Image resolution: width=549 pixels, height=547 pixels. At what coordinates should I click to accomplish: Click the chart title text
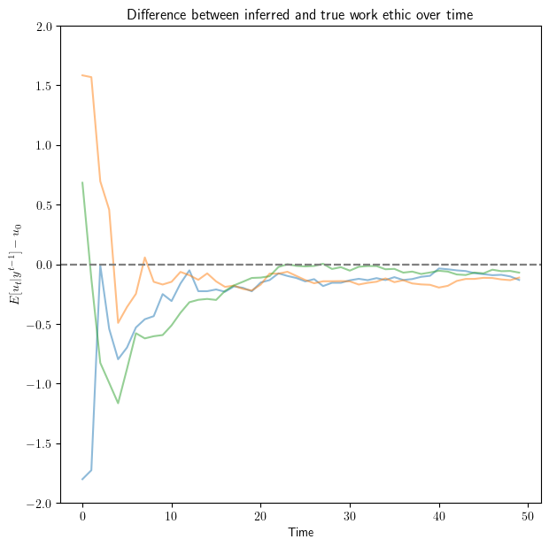pyautogui.click(x=299, y=14)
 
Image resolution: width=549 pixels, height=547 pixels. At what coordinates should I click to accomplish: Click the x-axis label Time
pyautogui.click(x=299, y=533)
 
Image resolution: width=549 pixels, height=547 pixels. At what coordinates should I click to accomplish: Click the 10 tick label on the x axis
pyautogui.click(x=172, y=516)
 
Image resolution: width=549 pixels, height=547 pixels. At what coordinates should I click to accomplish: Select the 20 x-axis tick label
pyautogui.click(x=261, y=516)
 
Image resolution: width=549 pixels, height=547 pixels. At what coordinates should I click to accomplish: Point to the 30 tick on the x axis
pyautogui.click(x=350, y=516)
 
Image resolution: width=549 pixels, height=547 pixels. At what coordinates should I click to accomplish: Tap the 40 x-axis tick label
pyautogui.click(x=439, y=516)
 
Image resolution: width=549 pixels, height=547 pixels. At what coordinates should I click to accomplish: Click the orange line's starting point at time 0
pyautogui.click(x=82, y=75)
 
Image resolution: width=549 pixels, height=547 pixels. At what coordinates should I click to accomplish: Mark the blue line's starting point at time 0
pyautogui.click(x=82, y=479)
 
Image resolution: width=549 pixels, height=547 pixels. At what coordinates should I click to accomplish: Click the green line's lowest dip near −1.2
pyautogui.click(x=118, y=403)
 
